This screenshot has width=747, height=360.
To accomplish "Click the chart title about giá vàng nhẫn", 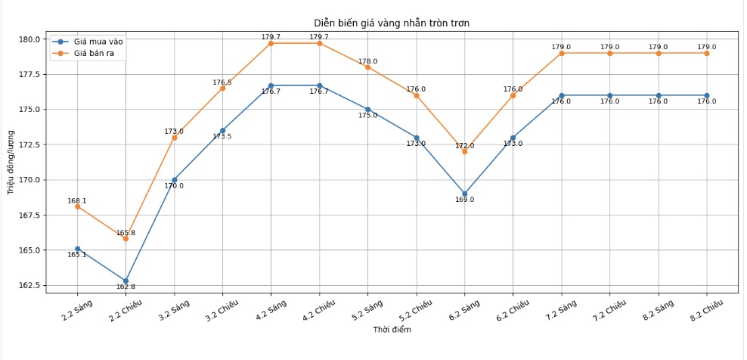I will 392,23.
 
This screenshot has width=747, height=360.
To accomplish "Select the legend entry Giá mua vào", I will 98,42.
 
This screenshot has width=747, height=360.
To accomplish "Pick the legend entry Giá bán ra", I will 98,54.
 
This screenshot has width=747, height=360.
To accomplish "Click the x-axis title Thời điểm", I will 392,330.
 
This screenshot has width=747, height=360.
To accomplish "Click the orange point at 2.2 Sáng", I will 77,206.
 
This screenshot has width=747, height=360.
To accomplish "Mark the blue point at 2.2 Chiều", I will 126,281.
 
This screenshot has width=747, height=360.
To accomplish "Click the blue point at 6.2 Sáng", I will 465,194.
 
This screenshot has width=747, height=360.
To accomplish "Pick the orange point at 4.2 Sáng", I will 271,43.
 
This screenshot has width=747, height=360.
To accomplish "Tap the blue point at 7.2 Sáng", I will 562,95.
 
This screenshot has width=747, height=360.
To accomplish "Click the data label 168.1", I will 77,201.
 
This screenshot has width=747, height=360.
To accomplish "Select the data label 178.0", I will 368,61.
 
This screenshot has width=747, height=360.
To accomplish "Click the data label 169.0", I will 465,200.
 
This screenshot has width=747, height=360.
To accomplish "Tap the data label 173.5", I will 222,136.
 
